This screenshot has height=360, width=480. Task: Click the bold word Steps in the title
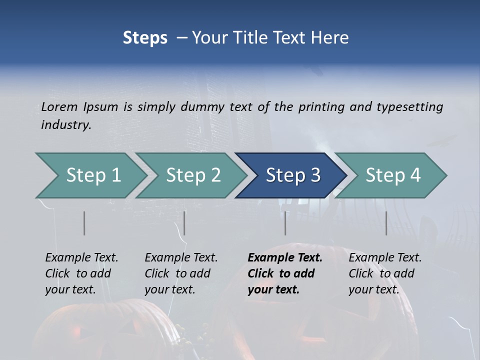click(145, 38)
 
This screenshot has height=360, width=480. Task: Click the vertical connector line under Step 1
click(84, 223)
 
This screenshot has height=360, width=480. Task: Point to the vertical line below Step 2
click(184, 223)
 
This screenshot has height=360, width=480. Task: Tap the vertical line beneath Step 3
click(285, 223)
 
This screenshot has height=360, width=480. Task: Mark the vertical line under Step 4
click(386, 223)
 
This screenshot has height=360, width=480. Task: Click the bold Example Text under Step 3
click(285, 258)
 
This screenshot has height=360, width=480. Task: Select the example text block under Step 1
click(81, 273)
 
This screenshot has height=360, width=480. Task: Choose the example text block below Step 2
click(181, 273)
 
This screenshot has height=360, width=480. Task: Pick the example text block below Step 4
click(385, 273)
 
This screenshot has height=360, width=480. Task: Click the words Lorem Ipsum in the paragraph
click(79, 107)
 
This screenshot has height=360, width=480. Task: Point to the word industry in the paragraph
click(66, 125)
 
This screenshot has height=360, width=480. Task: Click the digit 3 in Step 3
click(314, 175)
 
